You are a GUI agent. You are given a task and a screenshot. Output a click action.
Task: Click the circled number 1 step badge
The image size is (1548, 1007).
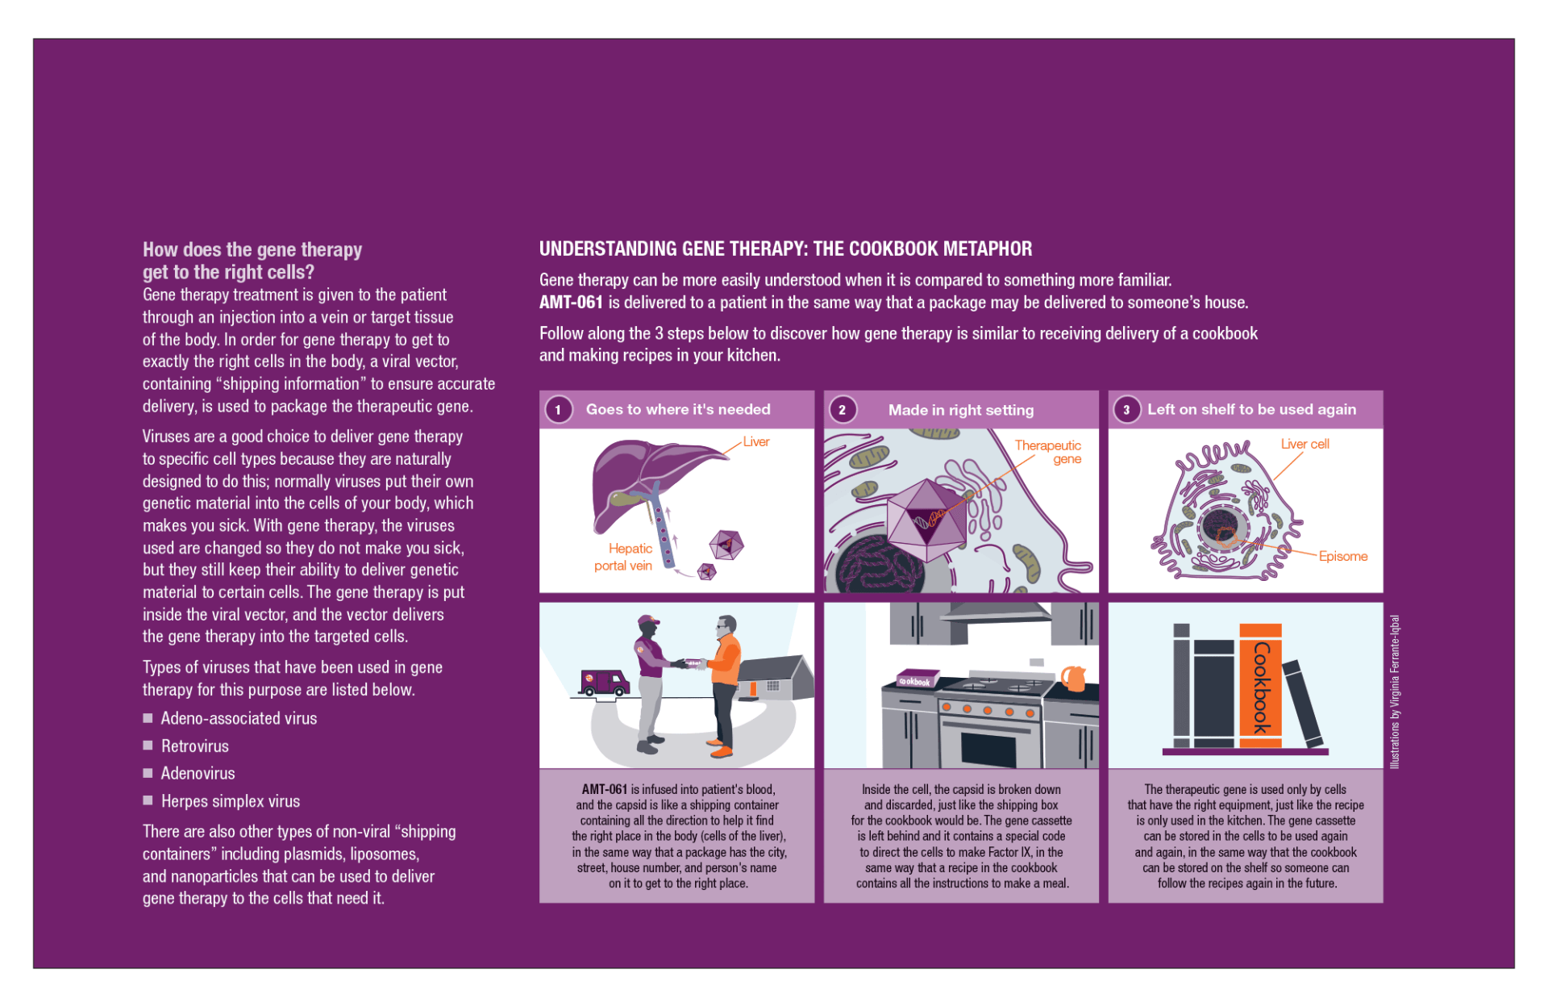pos(558,409)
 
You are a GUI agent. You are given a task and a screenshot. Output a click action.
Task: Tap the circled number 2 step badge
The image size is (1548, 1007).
pos(842,409)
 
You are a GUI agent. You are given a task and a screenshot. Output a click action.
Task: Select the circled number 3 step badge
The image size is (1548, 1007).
pos(1126,409)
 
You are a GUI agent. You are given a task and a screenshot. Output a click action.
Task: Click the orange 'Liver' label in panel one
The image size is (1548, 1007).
pos(755,441)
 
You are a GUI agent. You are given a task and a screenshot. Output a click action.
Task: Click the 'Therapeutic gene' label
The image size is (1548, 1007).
pos(1048,452)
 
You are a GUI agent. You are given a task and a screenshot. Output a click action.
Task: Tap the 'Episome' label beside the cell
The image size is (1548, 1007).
pos(1342,556)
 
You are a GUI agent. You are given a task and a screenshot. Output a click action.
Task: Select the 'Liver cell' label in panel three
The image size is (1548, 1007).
pos(1305,444)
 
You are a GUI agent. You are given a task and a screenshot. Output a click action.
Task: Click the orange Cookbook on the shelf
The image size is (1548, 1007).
pos(1260,682)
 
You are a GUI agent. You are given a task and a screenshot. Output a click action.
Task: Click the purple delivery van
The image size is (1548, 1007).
pos(604,683)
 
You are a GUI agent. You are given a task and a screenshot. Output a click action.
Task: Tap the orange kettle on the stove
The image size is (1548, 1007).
pos(1073,678)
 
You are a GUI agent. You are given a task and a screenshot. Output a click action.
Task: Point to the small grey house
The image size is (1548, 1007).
pos(773,678)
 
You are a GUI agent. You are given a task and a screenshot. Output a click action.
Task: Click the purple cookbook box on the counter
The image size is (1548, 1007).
pos(918,678)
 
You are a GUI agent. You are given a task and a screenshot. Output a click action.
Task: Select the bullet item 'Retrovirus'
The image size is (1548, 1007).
pos(194,746)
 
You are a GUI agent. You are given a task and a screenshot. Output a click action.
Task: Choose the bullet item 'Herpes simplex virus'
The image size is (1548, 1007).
pos(230,801)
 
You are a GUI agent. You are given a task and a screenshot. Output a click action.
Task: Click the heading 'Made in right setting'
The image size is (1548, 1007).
pos(960,410)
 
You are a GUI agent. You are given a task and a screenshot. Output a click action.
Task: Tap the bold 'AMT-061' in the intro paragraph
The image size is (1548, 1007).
pos(571,303)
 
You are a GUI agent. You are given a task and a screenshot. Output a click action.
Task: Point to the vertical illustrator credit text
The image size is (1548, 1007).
pos(1394,692)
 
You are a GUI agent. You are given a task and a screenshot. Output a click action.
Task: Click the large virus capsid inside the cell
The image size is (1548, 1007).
pos(927,518)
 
